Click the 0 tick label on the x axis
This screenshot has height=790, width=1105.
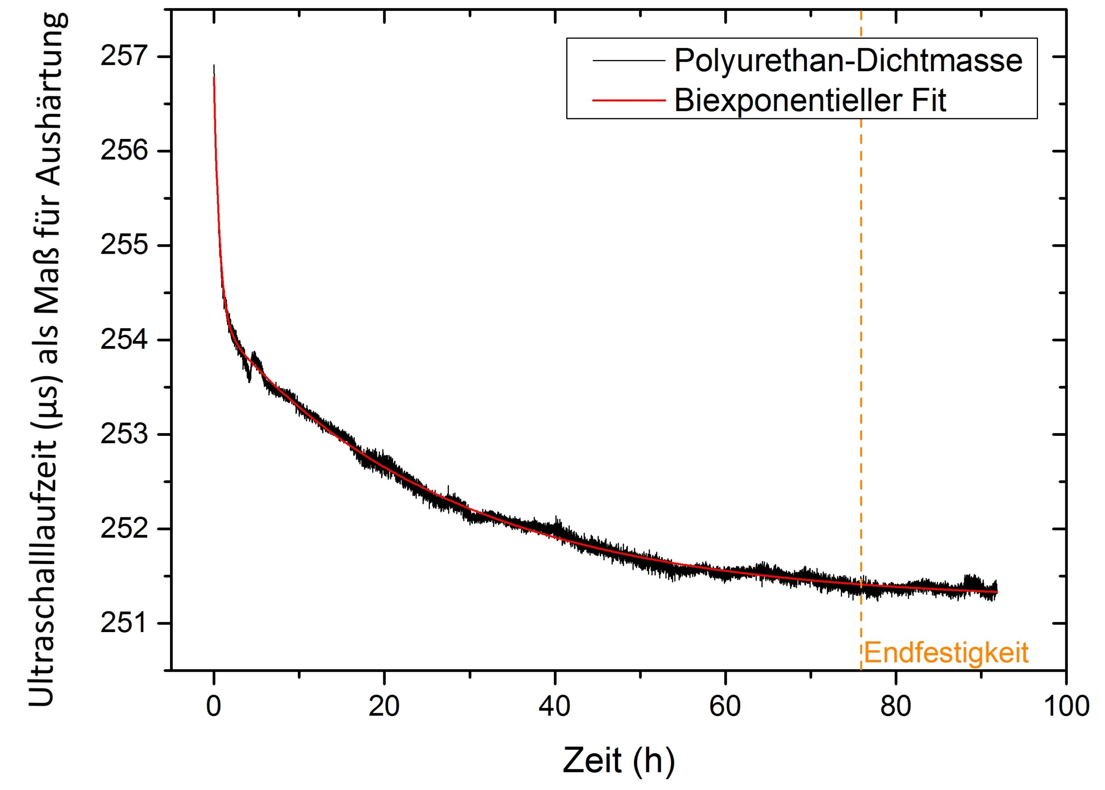coord(214,706)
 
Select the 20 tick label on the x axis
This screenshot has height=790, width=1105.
coord(384,706)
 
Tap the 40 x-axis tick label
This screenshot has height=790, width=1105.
coord(554,706)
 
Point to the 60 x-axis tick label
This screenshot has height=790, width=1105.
coord(725,706)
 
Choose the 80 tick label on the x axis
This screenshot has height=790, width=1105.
coord(895,706)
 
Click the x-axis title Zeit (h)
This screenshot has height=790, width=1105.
coord(619,760)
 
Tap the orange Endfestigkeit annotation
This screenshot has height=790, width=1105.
coord(946,653)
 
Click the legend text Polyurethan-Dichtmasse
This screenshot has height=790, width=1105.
coord(848,61)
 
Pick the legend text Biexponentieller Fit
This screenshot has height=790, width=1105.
coord(810,101)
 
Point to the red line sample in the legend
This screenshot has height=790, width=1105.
coord(628,100)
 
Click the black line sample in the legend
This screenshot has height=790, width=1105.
coord(628,60)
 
